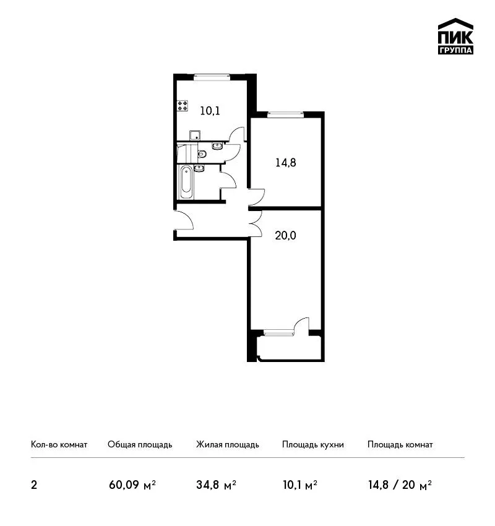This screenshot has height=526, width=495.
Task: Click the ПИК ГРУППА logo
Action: coord(455,37)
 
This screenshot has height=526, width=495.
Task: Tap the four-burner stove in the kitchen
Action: coord(183,106)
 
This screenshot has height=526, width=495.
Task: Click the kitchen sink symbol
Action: coord(195,135)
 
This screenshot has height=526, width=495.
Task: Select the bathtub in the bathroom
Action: coord(186,182)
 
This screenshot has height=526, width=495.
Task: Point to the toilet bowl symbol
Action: coord(202,154)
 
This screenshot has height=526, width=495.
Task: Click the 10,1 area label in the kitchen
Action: coord(210,111)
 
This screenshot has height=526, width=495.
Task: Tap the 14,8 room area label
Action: coord(286,163)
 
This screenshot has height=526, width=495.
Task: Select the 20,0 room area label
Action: coord(285,236)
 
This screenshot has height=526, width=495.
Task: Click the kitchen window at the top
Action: coord(212,77)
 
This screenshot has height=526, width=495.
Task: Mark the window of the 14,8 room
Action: coord(285,114)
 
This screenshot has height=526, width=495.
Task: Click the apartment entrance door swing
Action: coord(184,220)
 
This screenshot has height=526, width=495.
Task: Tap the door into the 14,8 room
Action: coord(257,198)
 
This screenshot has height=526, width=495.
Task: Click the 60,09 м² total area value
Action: coord(132,485)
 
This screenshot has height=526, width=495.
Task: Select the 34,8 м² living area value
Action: coord(216,485)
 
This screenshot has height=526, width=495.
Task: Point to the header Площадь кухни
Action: coord(313,445)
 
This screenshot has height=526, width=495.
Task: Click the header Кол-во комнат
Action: coord(59,444)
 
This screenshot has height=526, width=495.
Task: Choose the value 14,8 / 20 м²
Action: coord(400,485)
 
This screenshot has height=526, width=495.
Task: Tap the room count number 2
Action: coord(34,485)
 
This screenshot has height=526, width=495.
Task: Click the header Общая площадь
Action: coord(140,445)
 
